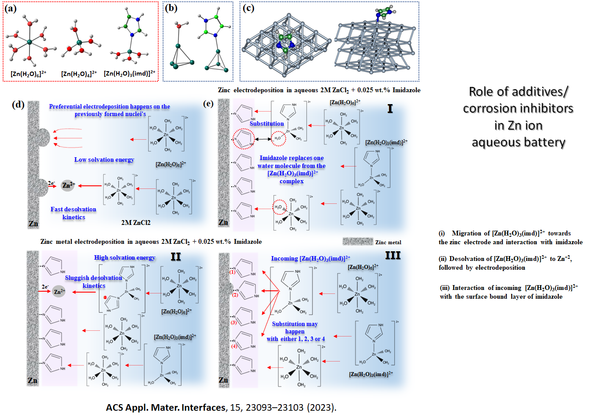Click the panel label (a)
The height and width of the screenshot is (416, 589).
[x=10, y=9]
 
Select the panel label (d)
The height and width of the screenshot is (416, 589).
[x=18, y=105]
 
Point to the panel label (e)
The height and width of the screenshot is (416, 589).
[x=208, y=104]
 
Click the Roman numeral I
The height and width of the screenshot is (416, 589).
[x=390, y=109]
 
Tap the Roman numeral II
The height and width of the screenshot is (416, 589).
[x=175, y=256]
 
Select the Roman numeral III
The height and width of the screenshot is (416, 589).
[x=393, y=255]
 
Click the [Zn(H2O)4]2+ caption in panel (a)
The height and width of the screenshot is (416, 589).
[x=79, y=74]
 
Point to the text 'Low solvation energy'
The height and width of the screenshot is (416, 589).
[x=104, y=159]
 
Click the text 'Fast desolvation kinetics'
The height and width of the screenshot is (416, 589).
[x=73, y=213]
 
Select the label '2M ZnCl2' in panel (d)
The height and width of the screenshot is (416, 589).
[x=136, y=223]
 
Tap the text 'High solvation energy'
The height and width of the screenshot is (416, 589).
[x=124, y=257]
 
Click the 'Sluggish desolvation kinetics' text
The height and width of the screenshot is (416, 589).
[x=94, y=282]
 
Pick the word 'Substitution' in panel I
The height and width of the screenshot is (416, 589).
[x=267, y=123]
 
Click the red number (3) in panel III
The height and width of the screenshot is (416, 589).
[x=233, y=322]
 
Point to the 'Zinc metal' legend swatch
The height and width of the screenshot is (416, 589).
[x=358, y=242]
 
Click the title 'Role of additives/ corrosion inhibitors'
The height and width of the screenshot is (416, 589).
[x=518, y=100]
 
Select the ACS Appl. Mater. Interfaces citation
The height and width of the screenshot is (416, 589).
[x=221, y=408]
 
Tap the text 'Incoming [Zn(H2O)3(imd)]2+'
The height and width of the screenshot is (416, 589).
[x=311, y=258]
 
